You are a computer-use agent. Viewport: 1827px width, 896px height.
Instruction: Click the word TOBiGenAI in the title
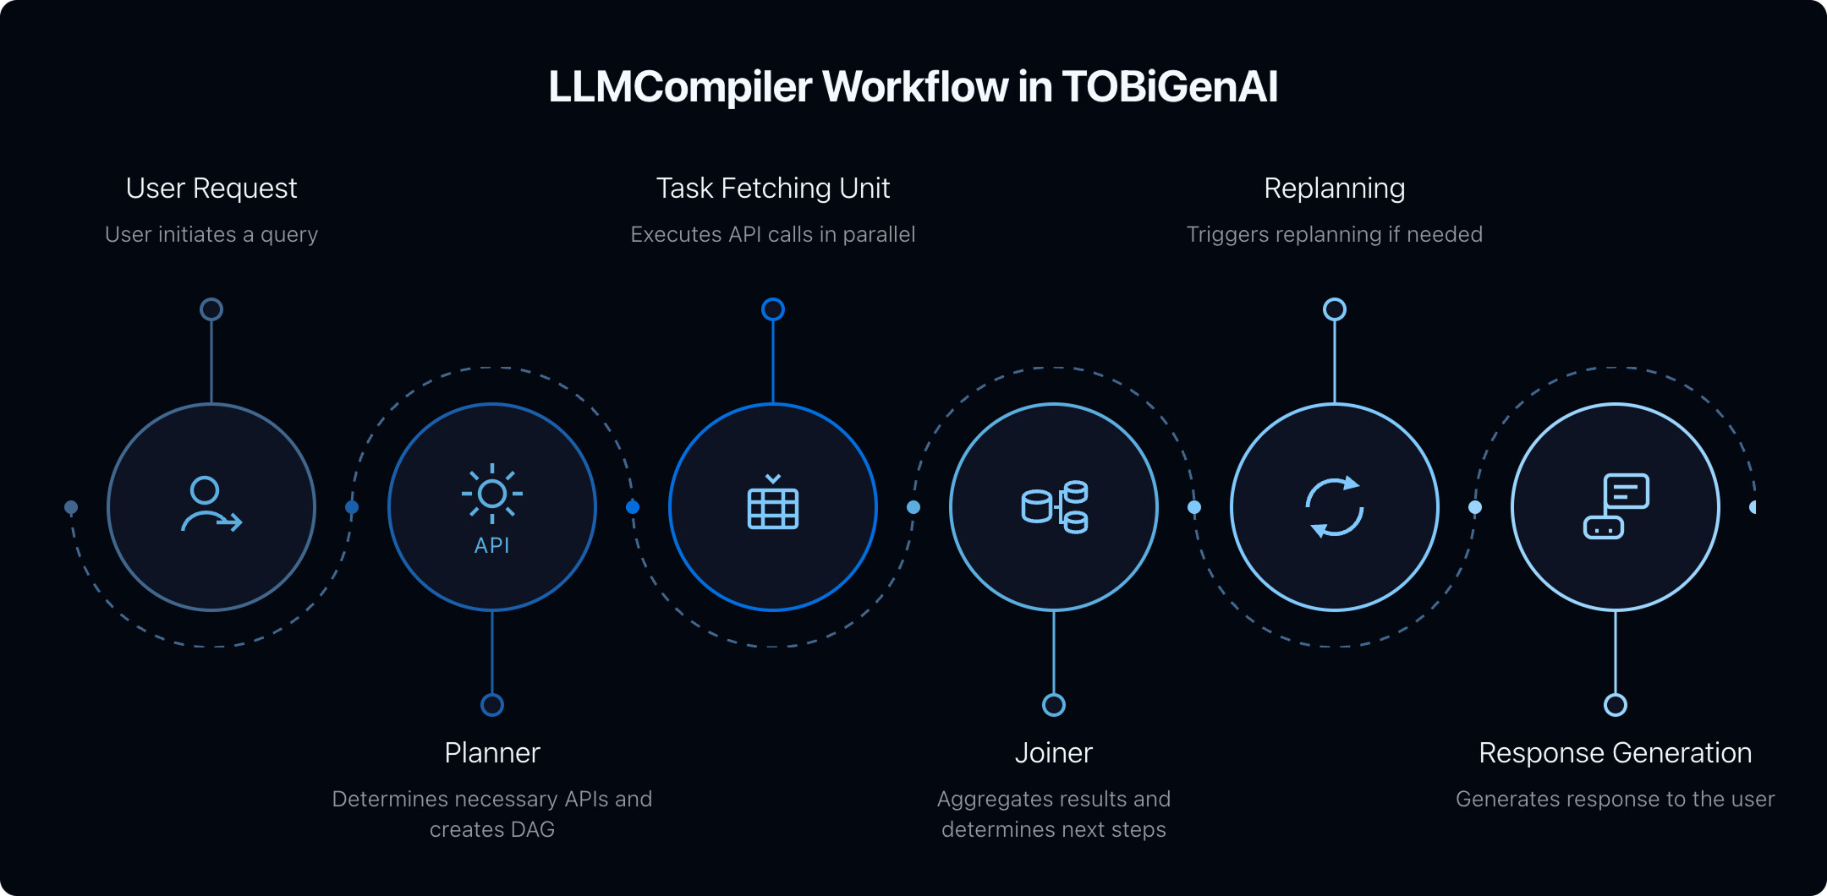tap(1170, 87)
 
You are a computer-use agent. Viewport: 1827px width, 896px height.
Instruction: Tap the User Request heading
tap(211, 188)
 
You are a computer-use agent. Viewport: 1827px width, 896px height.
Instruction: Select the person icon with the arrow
tap(211, 505)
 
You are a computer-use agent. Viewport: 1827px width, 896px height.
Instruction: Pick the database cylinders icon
tap(1054, 506)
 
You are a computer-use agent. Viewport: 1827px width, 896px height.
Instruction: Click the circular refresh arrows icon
tap(1335, 507)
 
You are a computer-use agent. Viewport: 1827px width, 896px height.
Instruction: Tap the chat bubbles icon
tap(1616, 506)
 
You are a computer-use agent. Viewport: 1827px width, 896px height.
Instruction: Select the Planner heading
tap(492, 752)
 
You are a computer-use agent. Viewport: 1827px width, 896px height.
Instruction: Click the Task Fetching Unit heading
tap(773, 188)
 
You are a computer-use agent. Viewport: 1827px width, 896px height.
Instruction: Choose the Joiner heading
tap(1054, 752)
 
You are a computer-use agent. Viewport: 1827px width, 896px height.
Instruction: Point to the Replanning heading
tap(1335, 188)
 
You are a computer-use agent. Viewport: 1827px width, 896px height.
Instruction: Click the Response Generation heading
tap(1616, 752)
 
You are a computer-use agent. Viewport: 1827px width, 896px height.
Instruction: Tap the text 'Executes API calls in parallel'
tap(773, 234)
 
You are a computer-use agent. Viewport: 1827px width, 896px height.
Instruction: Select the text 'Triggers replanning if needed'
tap(1335, 234)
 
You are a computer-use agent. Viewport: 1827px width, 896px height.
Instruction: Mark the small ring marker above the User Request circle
tap(211, 309)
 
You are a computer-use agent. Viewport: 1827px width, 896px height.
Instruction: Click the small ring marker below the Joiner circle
tap(1054, 705)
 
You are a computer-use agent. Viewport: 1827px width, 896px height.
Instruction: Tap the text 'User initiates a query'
tap(211, 234)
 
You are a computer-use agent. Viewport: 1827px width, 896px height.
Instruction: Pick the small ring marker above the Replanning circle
tap(1335, 309)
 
